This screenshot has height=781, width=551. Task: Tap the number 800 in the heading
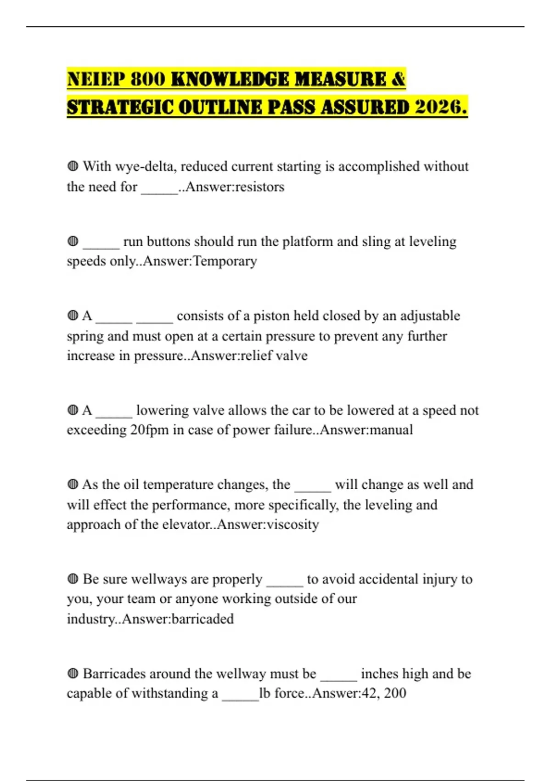[x=148, y=79]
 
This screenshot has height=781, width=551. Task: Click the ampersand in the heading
[x=399, y=79]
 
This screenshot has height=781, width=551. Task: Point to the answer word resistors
[x=259, y=187]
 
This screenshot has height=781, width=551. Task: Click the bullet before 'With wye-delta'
[x=73, y=166]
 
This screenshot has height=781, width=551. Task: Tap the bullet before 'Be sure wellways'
[x=73, y=579]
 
